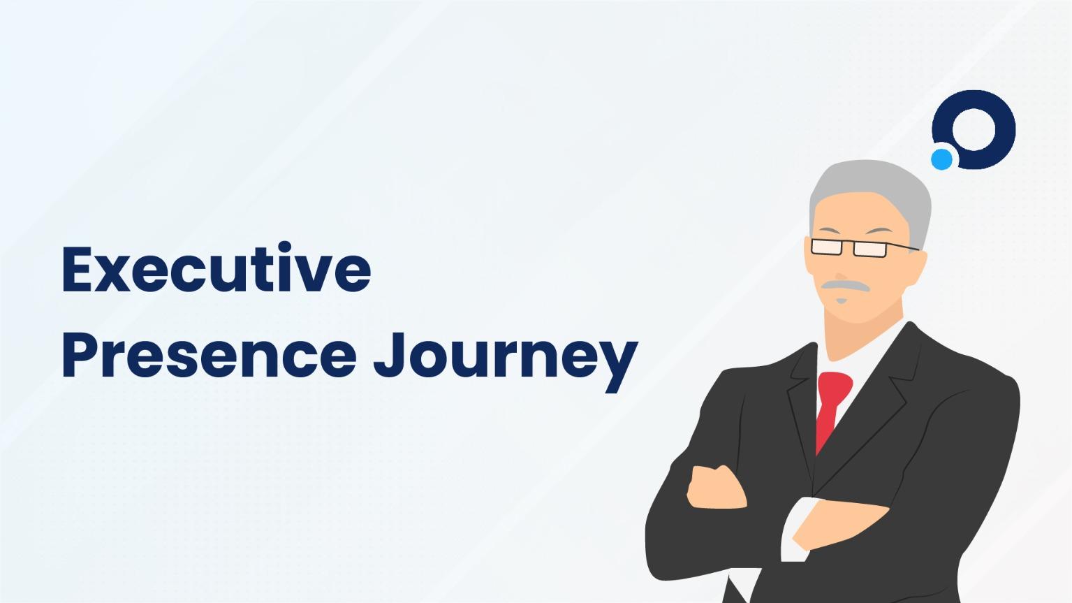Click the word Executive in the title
[x=216, y=268]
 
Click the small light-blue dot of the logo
[x=941, y=159]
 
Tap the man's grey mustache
[x=844, y=285]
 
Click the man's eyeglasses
[x=849, y=247]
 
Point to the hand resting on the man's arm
[x=717, y=486]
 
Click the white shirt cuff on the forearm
[x=790, y=531]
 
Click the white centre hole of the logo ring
[x=974, y=129]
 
